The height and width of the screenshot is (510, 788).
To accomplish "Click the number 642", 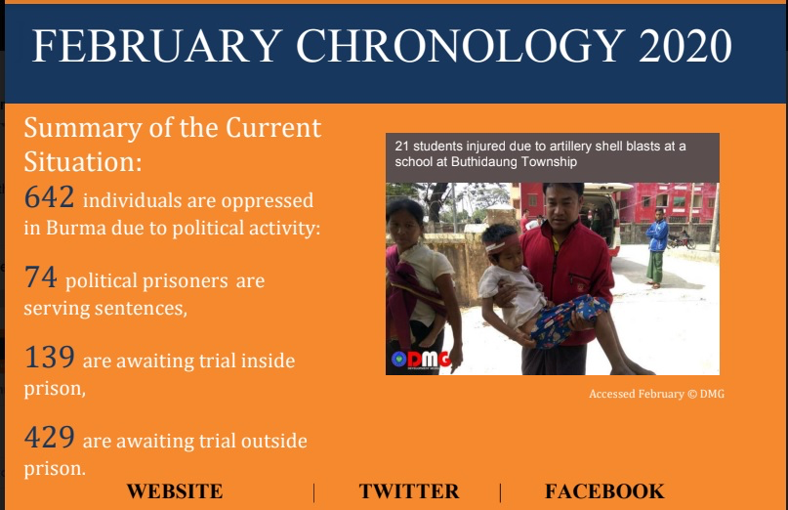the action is pos(49,196).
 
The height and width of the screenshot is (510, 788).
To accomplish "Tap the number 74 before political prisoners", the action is pos(41,276).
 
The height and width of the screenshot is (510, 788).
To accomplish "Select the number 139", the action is pos(49,358).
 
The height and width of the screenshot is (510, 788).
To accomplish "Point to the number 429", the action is pos(49,437).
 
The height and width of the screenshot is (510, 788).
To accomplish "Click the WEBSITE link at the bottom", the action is pos(175,491).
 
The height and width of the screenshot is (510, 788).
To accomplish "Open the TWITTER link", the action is pos(409,491).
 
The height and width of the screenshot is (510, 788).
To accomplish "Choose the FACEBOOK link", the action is pos(604,491).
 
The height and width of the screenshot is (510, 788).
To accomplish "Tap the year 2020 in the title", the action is pos(684,45).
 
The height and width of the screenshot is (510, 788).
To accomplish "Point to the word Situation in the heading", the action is pos(82,162).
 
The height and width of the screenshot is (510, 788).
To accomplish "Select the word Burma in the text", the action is pos(76,228).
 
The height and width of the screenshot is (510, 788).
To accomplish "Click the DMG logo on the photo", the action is pos(421,360).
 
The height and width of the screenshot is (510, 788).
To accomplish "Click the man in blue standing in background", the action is pos(656,247).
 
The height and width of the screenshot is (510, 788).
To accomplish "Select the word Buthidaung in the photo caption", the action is pos(483,162).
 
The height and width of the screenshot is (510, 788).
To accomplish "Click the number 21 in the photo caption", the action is pos(401,147).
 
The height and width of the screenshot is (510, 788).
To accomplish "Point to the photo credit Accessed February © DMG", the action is pos(657,394).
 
